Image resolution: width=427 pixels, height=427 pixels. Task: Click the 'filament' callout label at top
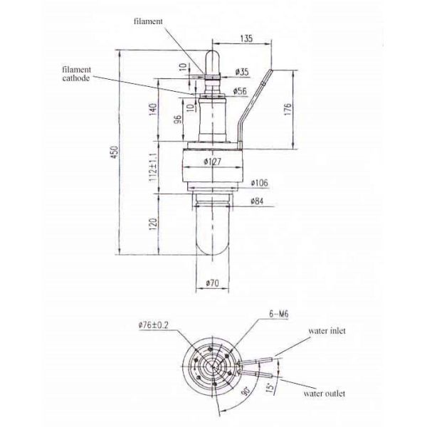pyautogui.click(x=148, y=22)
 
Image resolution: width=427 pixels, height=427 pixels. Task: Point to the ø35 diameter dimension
pyautogui.click(x=242, y=72)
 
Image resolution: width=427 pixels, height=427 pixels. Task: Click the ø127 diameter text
pyautogui.click(x=211, y=163)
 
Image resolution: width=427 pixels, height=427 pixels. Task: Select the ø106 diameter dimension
pyautogui.click(x=259, y=183)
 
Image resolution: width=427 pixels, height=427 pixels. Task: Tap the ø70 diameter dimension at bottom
pyautogui.click(x=211, y=283)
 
